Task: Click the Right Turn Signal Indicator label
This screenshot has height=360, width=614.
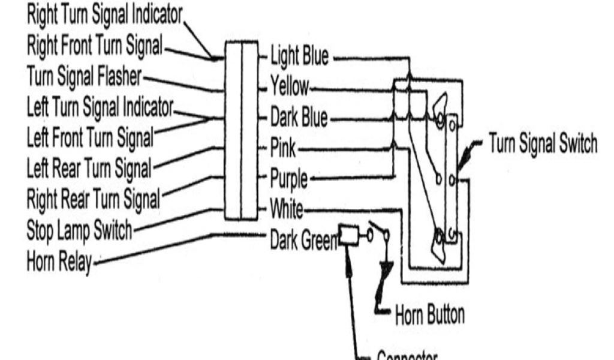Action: tap(104, 16)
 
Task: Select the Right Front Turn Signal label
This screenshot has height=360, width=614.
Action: tap(95, 46)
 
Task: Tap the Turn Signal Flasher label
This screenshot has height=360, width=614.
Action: tap(85, 77)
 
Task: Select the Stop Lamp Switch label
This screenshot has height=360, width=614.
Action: tap(79, 230)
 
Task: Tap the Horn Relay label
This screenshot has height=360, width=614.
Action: tap(59, 262)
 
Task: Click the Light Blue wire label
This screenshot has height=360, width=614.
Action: tap(300, 58)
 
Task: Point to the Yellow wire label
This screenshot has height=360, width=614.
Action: tap(290, 88)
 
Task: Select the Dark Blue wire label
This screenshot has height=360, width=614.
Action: tap(299, 118)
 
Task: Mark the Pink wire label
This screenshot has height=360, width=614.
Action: tap(283, 148)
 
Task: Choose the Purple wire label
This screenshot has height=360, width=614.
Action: tap(288, 179)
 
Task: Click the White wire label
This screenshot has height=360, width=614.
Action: tap(287, 210)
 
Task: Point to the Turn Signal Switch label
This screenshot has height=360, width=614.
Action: tap(543, 145)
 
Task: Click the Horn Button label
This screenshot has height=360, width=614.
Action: tap(429, 314)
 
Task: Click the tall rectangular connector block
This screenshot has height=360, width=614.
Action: tap(242, 131)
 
